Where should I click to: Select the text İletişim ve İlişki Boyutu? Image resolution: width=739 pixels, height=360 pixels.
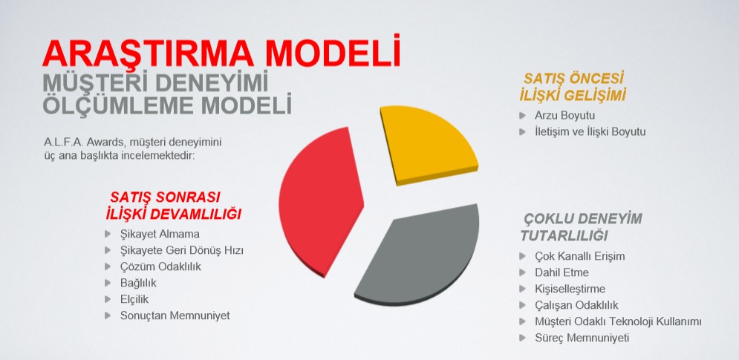coord(590,132)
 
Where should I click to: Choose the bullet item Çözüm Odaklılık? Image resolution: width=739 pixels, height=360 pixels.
coord(160,266)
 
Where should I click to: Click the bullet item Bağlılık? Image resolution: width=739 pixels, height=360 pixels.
coord(138,284)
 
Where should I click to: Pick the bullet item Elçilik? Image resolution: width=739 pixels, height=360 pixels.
coord(134,299)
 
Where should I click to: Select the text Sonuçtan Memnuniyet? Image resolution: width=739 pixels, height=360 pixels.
coord(175,315)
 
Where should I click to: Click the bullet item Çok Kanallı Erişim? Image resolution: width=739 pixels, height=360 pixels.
coord(580,256)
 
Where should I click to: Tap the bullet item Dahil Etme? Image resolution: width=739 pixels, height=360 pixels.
coord(561,272)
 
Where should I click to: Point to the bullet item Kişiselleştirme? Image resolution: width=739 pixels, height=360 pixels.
coord(570,289)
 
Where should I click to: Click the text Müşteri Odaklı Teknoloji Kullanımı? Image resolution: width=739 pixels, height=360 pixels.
coord(618,321)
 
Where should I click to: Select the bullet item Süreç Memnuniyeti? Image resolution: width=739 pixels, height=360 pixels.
coord(582,338)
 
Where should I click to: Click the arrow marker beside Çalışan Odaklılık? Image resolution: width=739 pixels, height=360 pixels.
coord(522,305)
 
